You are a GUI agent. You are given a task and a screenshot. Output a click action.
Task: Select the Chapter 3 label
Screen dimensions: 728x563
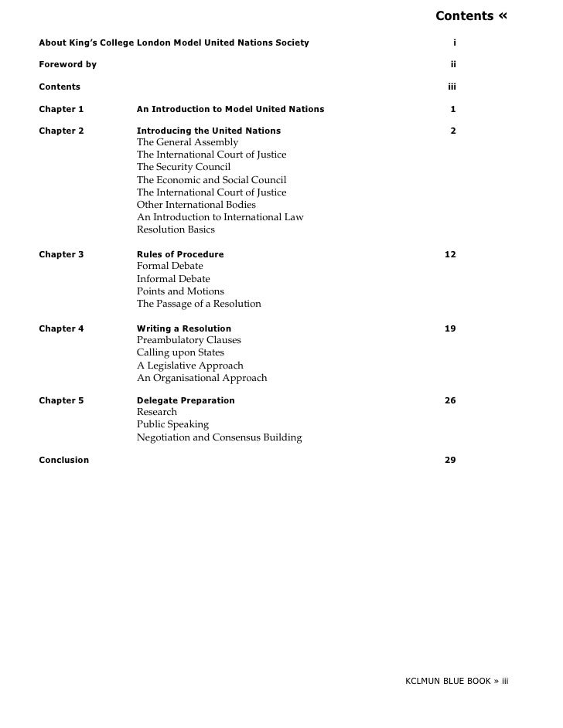coord(61,254)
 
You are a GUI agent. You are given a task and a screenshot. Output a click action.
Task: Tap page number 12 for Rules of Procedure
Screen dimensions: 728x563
coord(450,254)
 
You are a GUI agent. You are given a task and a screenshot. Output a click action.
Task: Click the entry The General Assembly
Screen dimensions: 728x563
coord(187,142)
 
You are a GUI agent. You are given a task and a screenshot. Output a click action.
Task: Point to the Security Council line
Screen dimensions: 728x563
coord(183,167)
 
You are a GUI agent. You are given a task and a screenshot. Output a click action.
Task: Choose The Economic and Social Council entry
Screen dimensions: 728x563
coord(211,180)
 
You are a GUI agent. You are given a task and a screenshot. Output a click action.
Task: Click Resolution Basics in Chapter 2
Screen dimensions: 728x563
coord(176,230)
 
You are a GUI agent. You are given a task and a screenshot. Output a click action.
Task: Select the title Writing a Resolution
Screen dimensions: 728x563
coord(184,328)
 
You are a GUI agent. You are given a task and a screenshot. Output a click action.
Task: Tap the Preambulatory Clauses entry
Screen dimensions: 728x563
coord(189,340)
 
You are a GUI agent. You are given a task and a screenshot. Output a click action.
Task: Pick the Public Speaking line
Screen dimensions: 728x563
coord(172,424)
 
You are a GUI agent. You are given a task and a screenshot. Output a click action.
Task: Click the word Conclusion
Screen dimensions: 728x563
coord(63,460)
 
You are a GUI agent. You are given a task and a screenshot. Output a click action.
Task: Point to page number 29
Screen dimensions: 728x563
coord(450,460)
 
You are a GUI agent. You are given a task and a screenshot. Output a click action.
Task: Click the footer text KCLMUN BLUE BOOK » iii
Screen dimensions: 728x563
coord(456,682)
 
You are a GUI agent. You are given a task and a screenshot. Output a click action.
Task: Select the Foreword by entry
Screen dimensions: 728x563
coord(67,64)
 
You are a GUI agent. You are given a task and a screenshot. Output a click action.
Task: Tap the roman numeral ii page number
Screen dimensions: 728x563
coord(453,64)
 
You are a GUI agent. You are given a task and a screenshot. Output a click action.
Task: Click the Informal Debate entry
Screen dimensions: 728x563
coord(173,279)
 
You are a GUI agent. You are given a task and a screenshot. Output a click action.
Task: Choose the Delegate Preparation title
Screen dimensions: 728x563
coord(186,400)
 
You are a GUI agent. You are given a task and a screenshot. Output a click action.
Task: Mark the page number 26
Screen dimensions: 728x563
coord(450,400)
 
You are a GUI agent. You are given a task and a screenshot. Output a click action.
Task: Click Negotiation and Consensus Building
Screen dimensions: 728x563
coord(219,437)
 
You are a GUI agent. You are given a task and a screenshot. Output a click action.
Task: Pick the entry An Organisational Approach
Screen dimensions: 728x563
coord(202,378)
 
